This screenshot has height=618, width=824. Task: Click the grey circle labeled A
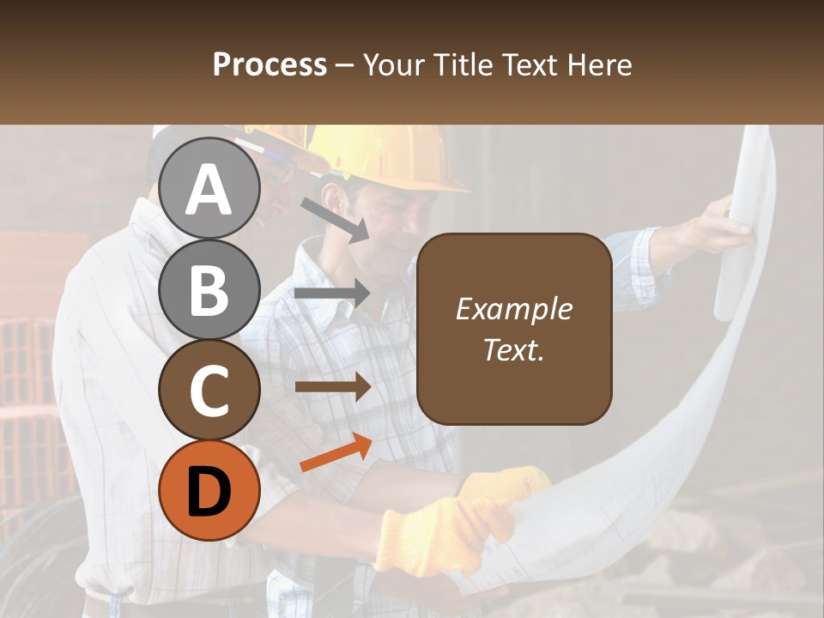tap(209, 188)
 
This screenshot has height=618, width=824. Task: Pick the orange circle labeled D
tap(209, 490)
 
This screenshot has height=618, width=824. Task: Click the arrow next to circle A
tap(334, 220)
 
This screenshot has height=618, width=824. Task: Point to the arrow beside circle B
tap(333, 294)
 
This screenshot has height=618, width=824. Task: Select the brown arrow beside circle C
tap(333, 387)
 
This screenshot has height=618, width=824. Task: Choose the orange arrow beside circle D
tap(336, 452)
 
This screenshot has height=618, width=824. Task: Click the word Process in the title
tap(270, 65)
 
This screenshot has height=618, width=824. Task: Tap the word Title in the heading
tap(461, 65)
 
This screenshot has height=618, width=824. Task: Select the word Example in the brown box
tap(513, 309)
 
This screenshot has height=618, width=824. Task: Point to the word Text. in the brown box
tap(513, 349)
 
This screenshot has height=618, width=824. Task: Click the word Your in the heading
tap(395, 65)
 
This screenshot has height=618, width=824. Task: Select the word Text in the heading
tap(529, 65)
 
